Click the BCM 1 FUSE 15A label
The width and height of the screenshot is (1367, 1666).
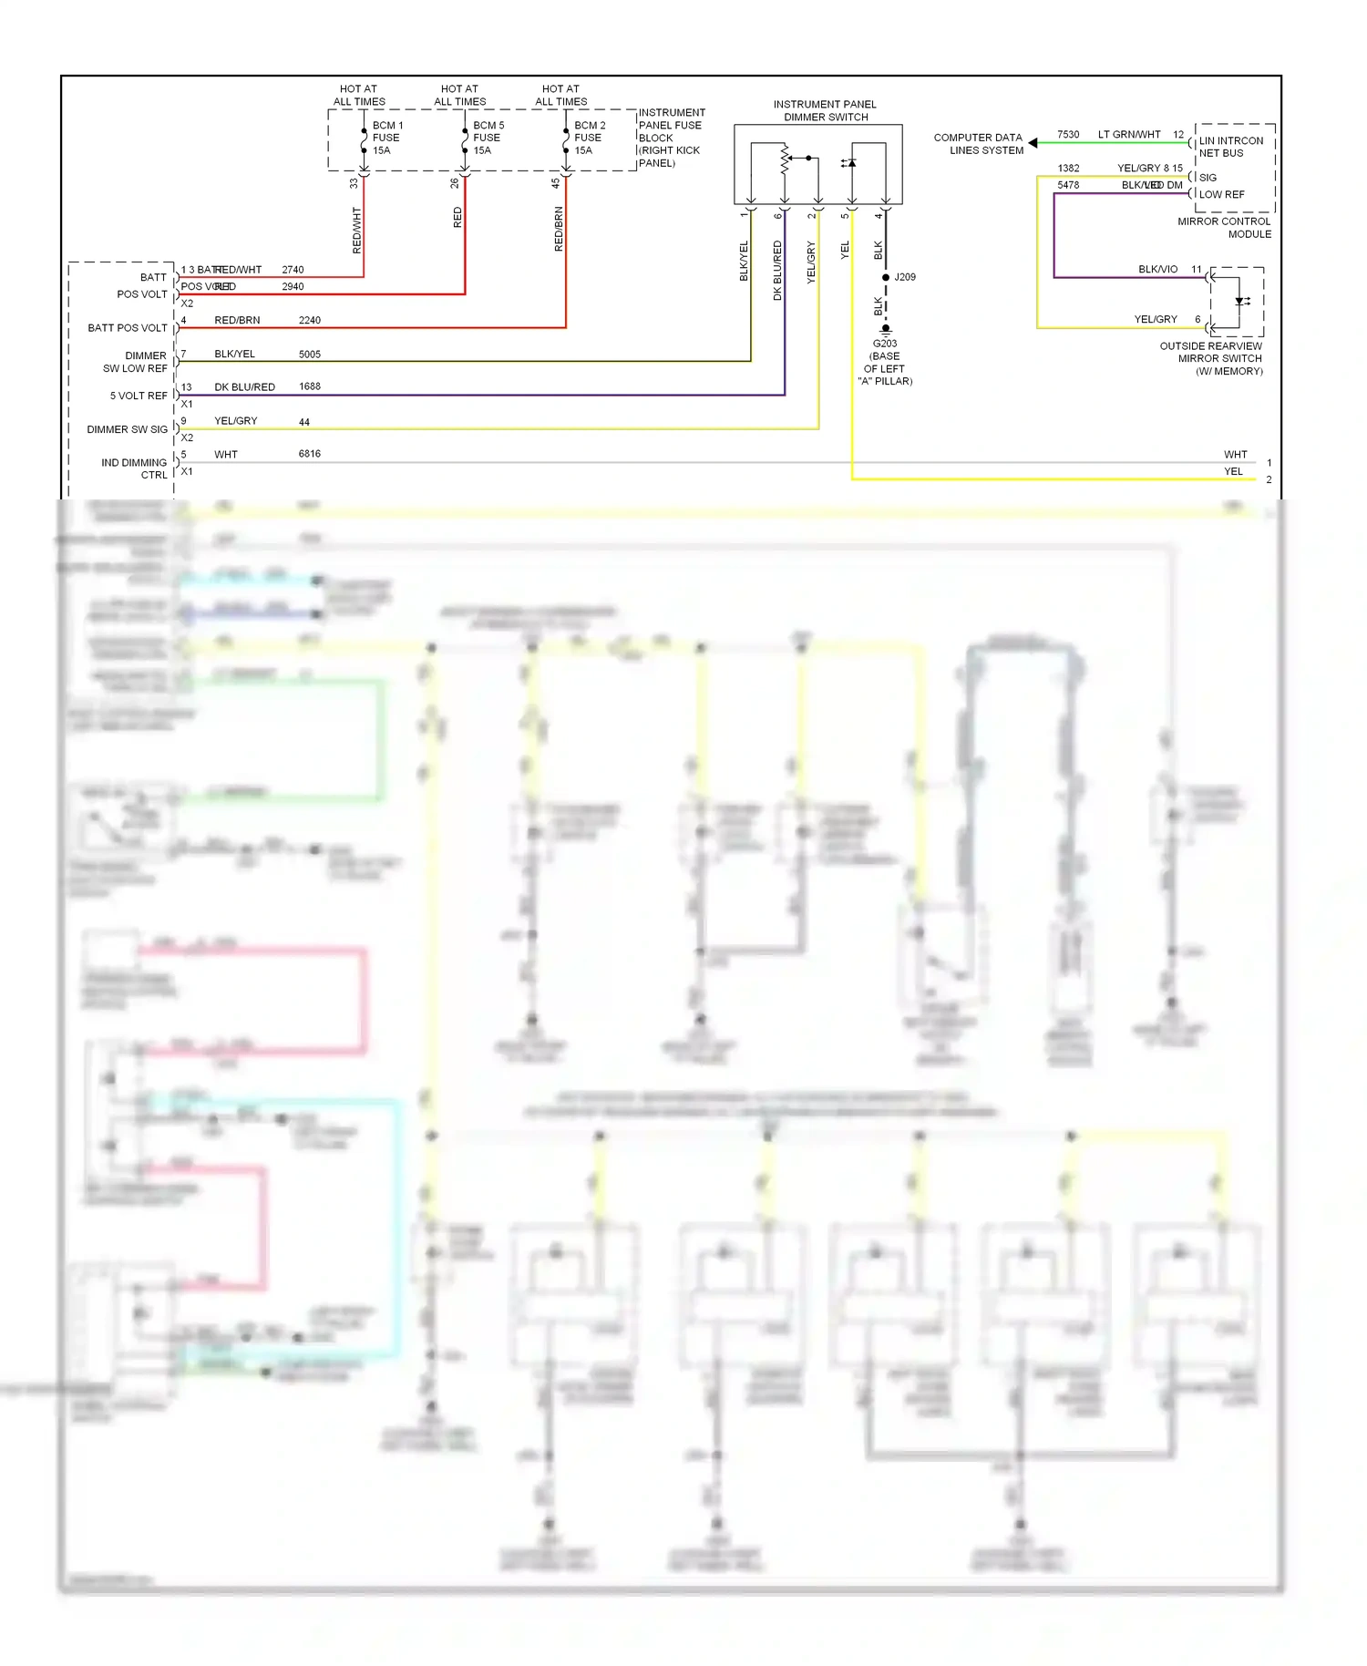pyautogui.click(x=386, y=138)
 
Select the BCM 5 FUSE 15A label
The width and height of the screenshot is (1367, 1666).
pyautogui.click(x=488, y=138)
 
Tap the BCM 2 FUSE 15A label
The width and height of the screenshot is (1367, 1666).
pyautogui.click(x=589, y=138)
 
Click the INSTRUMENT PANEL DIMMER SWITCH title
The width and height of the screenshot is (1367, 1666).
pyautogui.click(x=825, y=110)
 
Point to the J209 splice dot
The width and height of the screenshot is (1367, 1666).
pyautogui.click(x=886, y=277)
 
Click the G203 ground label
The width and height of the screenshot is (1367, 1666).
pyautogui.click(x=884, y=344)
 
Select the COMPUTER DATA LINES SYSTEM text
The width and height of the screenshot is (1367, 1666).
pyautogui.click(x=979, y=144)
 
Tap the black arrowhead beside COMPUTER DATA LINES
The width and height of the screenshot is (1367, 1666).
pyautogui.click(x=1033, y=143)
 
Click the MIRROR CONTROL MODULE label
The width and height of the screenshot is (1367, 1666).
pyautogui.click(x=1225, y=228)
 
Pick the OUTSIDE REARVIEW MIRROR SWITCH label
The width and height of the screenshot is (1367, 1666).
pyautogui.click(x=1212, y=358)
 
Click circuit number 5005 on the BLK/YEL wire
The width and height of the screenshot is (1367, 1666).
pyautogui.click(x=310, y=355)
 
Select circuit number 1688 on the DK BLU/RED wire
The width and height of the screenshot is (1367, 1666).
pyautogui.click(x=310, y=386)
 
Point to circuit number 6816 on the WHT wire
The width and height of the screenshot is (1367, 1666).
pyautogui.click(x=310, y=454)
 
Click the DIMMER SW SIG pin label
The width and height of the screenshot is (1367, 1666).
pyautogui.click(x=127, y=429)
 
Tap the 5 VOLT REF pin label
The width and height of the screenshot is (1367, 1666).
pyautogui.click(x=139, y=396)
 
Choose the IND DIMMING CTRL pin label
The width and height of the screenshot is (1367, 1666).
pyautogui.click(x=134, y=468)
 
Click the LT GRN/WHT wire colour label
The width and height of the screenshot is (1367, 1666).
pyautogui.click(x=1129, y=135)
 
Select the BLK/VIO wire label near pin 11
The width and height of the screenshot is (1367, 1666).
pyautogui.click(x=1157, y=270)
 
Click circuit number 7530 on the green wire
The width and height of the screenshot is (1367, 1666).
pyautogui.click(x=1068, y=135)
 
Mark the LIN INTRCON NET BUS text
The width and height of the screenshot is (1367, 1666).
pyautogui.click(x=1230, y=147)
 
